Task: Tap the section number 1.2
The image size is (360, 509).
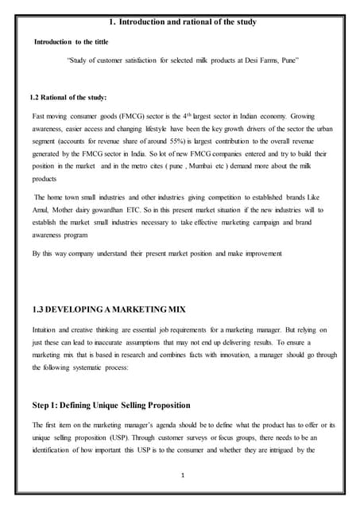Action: (35, 98)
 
